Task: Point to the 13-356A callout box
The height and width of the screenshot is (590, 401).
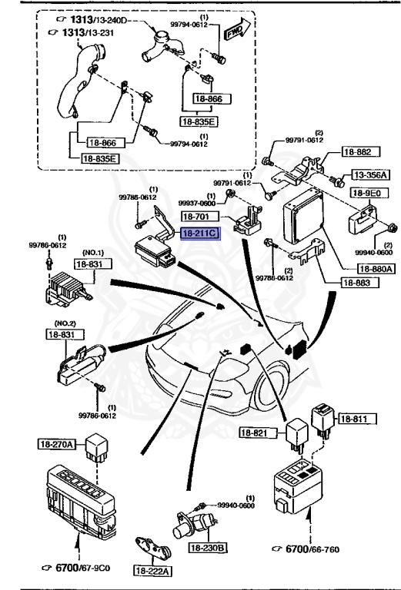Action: coord(371,176)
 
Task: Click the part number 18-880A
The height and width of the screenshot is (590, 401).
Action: coord(376,269)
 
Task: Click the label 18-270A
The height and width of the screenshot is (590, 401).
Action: coord(57,444)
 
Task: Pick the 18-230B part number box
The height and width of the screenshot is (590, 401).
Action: coord(210,547)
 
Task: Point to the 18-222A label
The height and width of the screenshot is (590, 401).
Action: coord(154,571)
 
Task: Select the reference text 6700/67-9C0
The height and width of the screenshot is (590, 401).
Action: coord(82,569)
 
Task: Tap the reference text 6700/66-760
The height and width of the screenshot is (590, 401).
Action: coord(317,550)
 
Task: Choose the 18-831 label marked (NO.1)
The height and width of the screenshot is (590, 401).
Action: coord(89,264)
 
